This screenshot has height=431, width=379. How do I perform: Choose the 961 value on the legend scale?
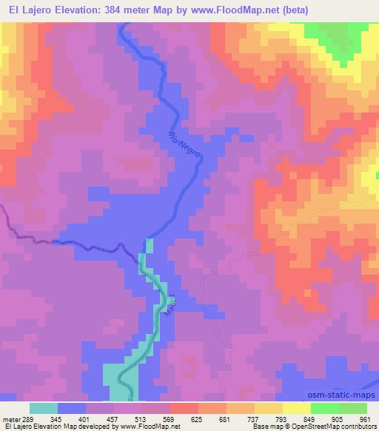366,418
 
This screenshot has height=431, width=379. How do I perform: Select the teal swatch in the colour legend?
44,408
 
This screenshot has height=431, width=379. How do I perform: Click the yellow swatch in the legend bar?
297,408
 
